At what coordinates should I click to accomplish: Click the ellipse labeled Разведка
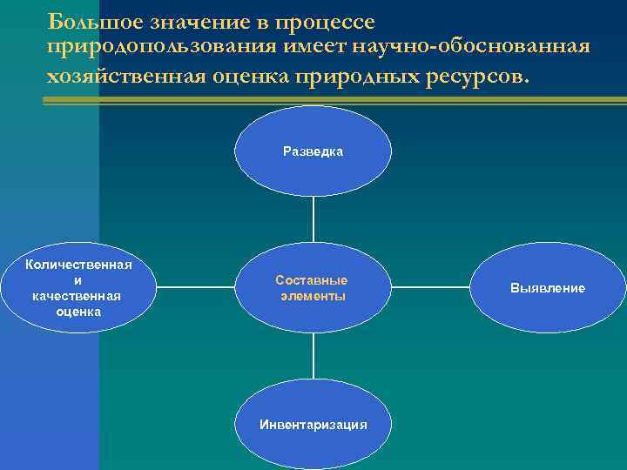(313, 151)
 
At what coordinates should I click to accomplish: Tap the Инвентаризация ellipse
(313, 424)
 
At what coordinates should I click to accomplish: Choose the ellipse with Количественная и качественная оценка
(79, 287)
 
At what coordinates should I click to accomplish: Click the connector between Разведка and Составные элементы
(313, 218)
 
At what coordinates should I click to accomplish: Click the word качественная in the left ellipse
(79, 296)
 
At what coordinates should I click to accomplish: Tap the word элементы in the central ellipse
(313, 296)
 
